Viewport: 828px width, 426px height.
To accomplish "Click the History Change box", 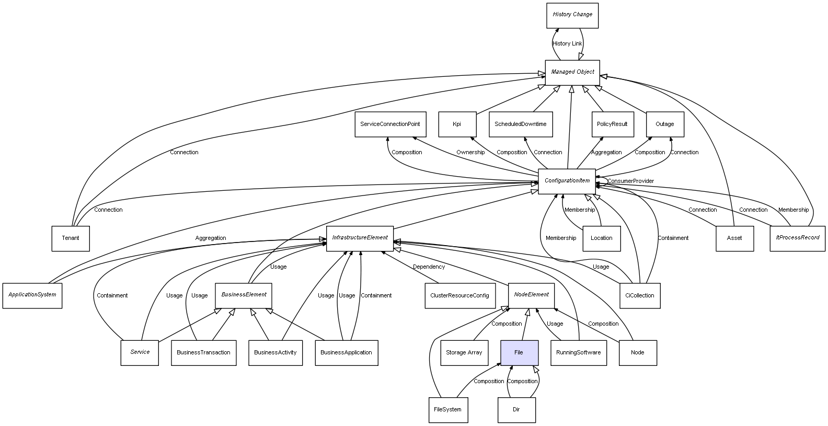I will [x=572, y=15].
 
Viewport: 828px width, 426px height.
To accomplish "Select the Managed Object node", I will [x=572, y=72].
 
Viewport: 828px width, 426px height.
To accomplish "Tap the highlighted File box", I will [x=519, y=352].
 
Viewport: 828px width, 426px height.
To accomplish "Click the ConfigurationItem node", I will [x=567, y=181].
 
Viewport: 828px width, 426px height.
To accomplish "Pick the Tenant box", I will [x=71, y=238].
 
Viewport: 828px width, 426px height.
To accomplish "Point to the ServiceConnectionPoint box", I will [x=390, y=124].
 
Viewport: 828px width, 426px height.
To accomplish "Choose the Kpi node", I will [x=457, y=124].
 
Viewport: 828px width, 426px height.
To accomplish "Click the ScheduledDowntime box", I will [x=521, y=124].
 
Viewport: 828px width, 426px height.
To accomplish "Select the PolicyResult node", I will [x=612, y=124].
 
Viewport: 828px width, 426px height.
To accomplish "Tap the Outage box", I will [x=664, y=124].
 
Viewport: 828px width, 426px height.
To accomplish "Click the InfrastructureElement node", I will [x=360, y=238].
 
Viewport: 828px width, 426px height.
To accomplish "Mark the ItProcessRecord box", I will [x=797, y=238].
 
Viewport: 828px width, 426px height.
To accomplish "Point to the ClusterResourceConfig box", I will [x=459, y=295].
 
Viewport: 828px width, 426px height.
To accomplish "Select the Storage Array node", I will [x=464, y=352].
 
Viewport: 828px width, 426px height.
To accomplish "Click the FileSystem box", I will [x=447, y=409].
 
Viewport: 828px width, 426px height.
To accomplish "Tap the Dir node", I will [x=516, y=409].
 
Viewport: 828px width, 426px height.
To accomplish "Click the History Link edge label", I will [x=567, y=44].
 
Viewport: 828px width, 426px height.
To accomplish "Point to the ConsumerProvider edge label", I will [x=630, y=181].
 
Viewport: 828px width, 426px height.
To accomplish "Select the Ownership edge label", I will [x=470, y=153].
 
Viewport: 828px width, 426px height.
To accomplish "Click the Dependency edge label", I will [x=429, y=267].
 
